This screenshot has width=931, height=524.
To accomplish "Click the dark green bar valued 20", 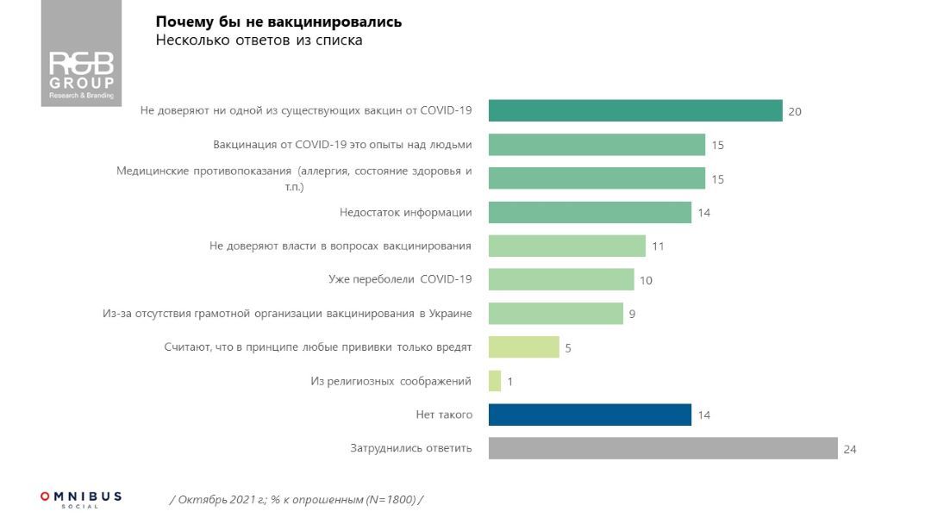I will pyautogui.click(x=635, y=110).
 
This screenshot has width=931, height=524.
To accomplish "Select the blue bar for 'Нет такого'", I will pyautogui.click(x=590, y=415).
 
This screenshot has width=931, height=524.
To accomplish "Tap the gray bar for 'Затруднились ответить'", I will pyautogui.click(x=663, y=448).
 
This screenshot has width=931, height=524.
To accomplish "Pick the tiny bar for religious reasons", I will pyautogui.click(x=495, y=381).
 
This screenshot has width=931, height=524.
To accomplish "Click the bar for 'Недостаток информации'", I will pyautogui.click(x=590, y=212).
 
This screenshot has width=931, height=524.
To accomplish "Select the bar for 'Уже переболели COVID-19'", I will pyautogui.click(x=561, y=279).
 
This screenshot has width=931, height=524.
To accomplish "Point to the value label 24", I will pyautogui.click(x=850, y=449).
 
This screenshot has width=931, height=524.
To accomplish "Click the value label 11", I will pyautogui.click(x=658, y=246).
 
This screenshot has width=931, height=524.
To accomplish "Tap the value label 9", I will pyautogui.click(x=632, y=314).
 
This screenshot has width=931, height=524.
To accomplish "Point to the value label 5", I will pyautogui.click(x=569, y=348).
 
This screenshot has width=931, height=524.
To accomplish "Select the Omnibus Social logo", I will pyautogui.click(x=81, y=499).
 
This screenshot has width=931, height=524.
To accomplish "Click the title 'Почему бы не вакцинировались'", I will pyautogui.click(x=278, y=22).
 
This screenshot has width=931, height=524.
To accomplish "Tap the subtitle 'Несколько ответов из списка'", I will pyautogui.click(x=259, y=41).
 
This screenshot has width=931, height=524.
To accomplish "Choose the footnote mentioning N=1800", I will pyautogui.click(x=297, y=500).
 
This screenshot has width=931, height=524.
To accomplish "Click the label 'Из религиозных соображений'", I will pyautogui.click(x=391, y=381).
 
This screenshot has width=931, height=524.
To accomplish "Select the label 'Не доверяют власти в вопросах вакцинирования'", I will pyautogui.click(x=341, y=246).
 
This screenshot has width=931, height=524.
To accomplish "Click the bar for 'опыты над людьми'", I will pyautogui.click(x=597, y=145).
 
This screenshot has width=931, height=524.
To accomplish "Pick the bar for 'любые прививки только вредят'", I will pyautogui.click(x=523, y=347).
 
